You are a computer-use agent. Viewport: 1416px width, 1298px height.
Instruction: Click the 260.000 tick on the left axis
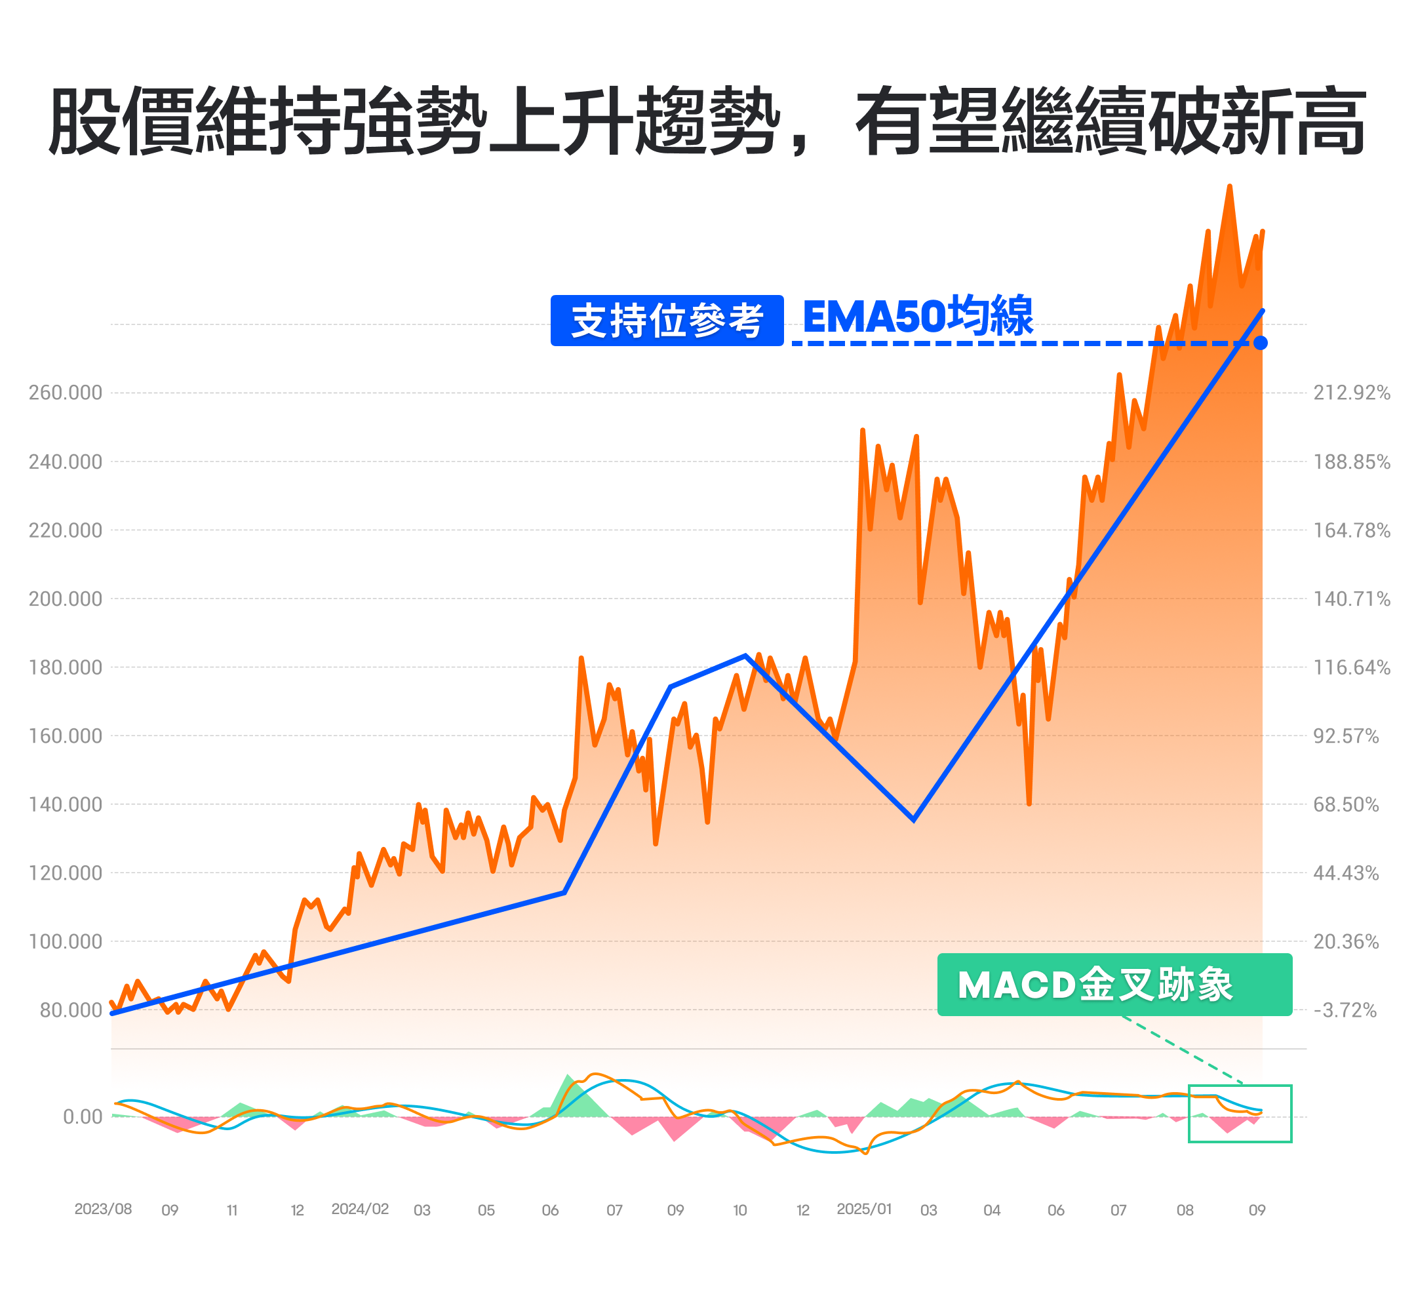(x=66, y=393)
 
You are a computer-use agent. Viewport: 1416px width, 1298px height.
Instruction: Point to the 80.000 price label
(x=71, y=1010)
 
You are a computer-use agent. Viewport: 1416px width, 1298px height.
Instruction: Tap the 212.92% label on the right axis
(x=1351, y=393)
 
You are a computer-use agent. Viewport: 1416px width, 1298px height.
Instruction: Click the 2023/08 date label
(x=104, y=1209)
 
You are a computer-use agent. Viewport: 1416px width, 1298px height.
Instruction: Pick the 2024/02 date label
(x=360, y=1209)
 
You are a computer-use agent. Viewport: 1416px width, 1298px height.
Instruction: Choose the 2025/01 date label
(x=864, y=1209)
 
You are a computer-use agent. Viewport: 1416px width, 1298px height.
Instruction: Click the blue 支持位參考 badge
(x=667, y=321)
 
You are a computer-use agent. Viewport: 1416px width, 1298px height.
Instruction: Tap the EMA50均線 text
(x=917, y=317)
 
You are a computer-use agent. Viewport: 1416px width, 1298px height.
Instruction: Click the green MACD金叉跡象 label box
(x=1114, y=984)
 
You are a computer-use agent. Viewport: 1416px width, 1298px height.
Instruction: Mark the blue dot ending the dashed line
(x=1261, y=343)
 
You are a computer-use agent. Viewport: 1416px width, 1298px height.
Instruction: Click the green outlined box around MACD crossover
(x=1240, y=1114)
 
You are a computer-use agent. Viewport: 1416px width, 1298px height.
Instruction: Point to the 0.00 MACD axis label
(x=83, y=1117)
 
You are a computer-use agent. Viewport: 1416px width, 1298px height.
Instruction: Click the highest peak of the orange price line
(x=1230, y=187)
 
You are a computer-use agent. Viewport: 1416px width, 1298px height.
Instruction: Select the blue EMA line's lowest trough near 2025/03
(x=913, y=819)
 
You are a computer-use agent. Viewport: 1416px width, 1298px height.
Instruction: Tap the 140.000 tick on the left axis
(x=66, y=804)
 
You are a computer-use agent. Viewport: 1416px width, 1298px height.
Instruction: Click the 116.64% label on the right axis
(x=1351, y=667)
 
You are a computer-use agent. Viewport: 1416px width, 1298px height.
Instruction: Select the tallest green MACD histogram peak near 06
(x=568, y=1075)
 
